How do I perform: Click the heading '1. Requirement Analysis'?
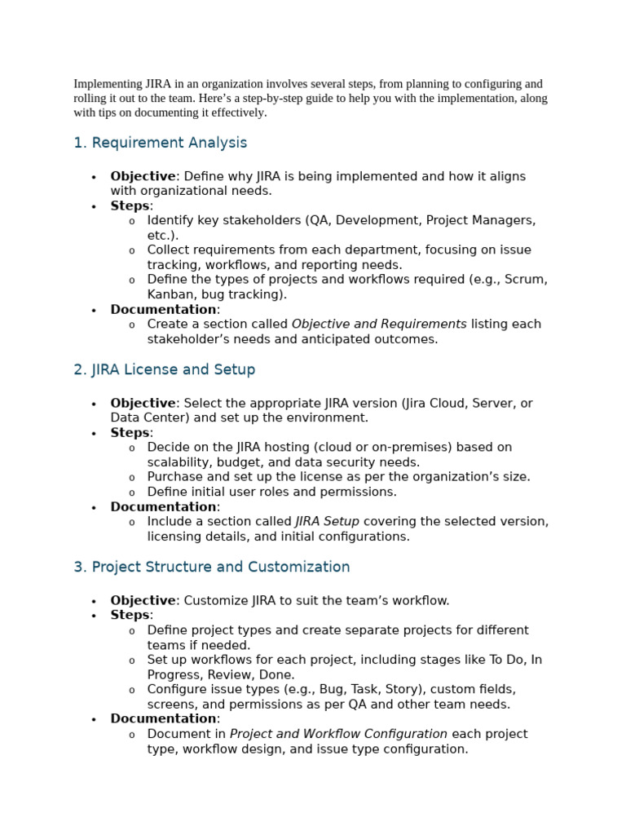(x=160, y=143)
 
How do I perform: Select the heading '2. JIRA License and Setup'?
(x=164, y=369)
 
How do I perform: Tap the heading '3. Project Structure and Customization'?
(x=211, y=567)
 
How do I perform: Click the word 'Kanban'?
(x=168, y=294)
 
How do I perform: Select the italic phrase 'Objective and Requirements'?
(x=379, y=324)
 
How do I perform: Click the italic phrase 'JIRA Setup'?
(x=327, y=521)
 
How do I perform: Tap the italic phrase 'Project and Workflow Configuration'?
(x=338, y=734)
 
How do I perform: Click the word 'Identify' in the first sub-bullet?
(x=170, y=220)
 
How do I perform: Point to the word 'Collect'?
(x=169, y=250)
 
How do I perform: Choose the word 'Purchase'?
(x=174, y=477)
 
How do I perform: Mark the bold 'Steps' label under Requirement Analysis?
(x=130, y=205)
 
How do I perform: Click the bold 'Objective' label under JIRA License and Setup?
(x=143, y=403)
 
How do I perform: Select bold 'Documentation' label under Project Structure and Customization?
(x=163, y=718)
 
